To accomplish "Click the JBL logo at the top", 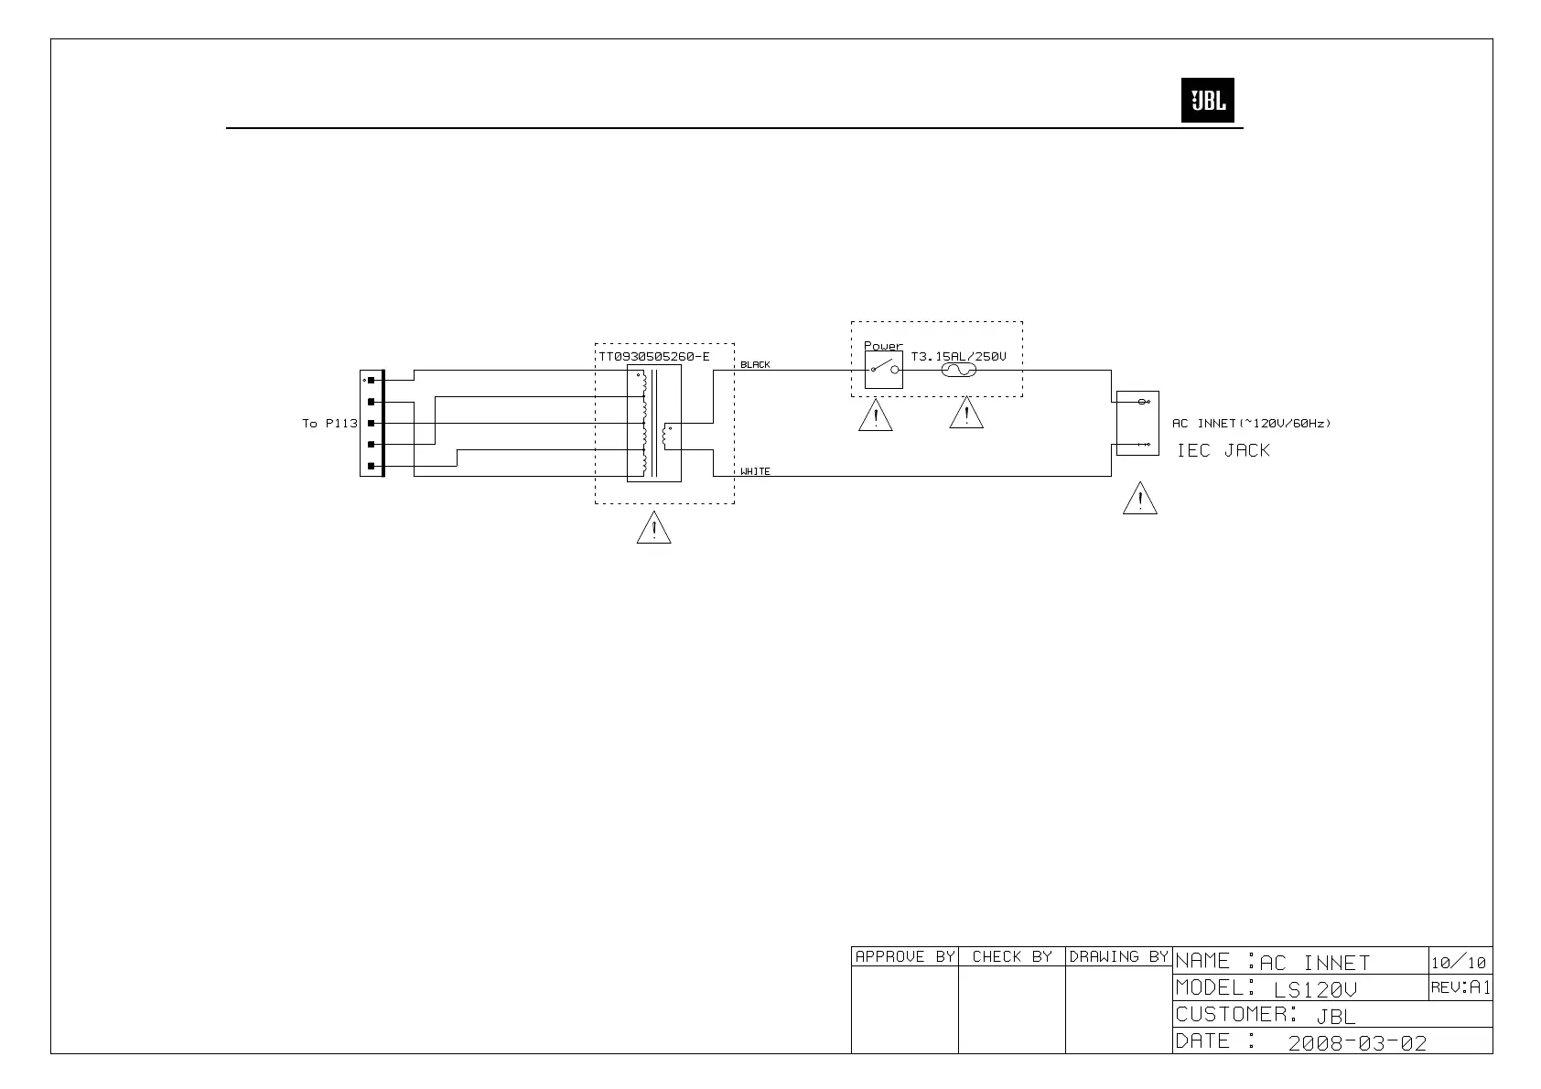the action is pos(1207,100).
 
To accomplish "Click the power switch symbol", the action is pos(883,370).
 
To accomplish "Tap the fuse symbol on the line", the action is pos(958,370).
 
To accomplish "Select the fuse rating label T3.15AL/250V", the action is pos(958,356).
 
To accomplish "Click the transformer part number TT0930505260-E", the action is pos(653,356).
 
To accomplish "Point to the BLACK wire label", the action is pos(755,364).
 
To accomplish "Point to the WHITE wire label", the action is pos(755,471).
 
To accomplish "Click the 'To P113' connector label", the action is pos(329,423).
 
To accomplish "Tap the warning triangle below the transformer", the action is pos(653,528).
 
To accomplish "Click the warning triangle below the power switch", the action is pos(876,415).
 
